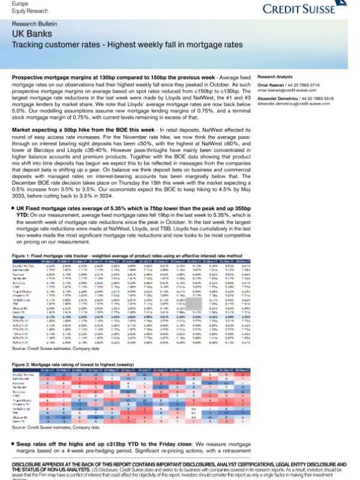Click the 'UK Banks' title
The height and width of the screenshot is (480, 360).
point(29,35)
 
